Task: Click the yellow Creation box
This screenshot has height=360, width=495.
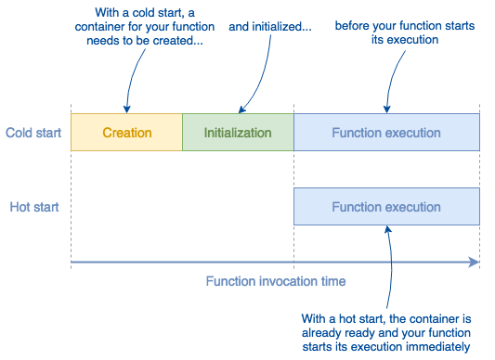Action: [x=126, y=133]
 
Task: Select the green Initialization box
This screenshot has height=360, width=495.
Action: [x=238, y=133]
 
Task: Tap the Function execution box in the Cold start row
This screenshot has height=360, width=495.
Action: [x=386, y=133]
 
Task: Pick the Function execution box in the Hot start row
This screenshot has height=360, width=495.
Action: [x=386, y=207]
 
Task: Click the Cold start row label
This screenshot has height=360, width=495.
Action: [x=33, y=133]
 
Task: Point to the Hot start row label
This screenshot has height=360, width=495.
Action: [x=34, y=207]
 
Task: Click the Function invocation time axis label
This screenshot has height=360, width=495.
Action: [x=276, y=281]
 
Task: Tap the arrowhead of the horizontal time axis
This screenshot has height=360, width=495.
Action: [x=475, y=264]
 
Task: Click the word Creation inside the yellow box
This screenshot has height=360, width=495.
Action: [x=126, y=133]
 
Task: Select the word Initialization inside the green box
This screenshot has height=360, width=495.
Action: [x=238, y=133]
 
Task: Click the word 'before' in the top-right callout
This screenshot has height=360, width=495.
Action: [x=353, y=26]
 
